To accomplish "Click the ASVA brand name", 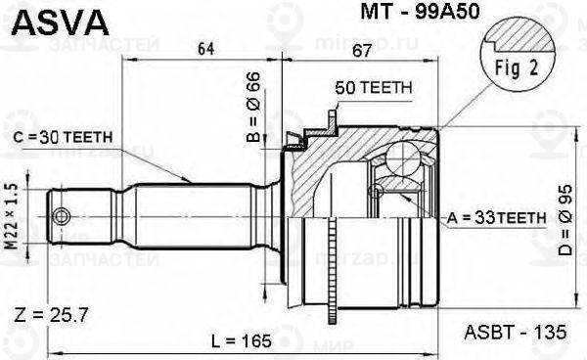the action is click(61, 22).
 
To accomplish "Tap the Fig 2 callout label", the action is click(517, 68).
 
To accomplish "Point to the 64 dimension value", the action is click(205, 49).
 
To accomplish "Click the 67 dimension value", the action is click(362, 50).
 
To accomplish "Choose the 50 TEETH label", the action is click(374, 88).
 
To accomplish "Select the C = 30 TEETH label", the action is click(63, 137).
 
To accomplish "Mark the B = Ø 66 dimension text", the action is click(253, 108).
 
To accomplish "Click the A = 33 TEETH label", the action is click(496, 217).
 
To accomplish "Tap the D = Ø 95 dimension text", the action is click(564, 220).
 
